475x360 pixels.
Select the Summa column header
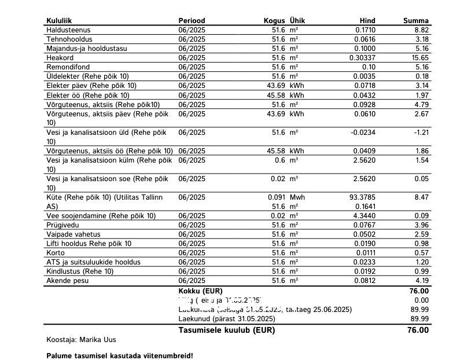coord(415,21)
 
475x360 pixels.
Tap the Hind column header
coord(367,21)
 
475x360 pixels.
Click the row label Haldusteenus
coord(68,30)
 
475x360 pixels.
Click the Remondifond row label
coord(68,67)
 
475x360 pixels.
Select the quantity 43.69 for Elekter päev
coord(277,86)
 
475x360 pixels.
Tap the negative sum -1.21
coord(419,133)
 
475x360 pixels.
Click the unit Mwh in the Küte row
coord(297,197)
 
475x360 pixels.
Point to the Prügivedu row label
coord(62,225)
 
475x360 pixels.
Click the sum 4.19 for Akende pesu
coord(421,281)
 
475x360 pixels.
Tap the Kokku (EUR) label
coord(200,291)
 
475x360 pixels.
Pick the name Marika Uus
coord(98,340)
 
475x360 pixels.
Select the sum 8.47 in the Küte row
coord(421,197)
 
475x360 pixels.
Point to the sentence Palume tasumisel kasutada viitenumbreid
coord(119,355)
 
